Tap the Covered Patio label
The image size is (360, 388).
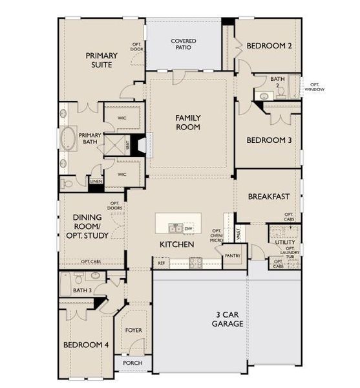[x=184, y=45]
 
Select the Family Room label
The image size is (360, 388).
[x=188, y=122]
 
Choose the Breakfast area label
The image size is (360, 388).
[x=268, y=197]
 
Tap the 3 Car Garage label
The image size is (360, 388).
[x=227, y=319]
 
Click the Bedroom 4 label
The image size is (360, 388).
[x=86, y=345]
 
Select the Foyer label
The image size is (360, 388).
[x=134, y=330]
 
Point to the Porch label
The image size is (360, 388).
[x=132, y=363]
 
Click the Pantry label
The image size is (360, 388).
[x=232, y=256]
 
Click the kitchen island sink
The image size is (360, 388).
[x=175, y=228]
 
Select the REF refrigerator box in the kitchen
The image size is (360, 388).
[x=160, y=263]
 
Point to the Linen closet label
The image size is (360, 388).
[x=96, y=182]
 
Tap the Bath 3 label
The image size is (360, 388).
[x=81, y=290]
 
